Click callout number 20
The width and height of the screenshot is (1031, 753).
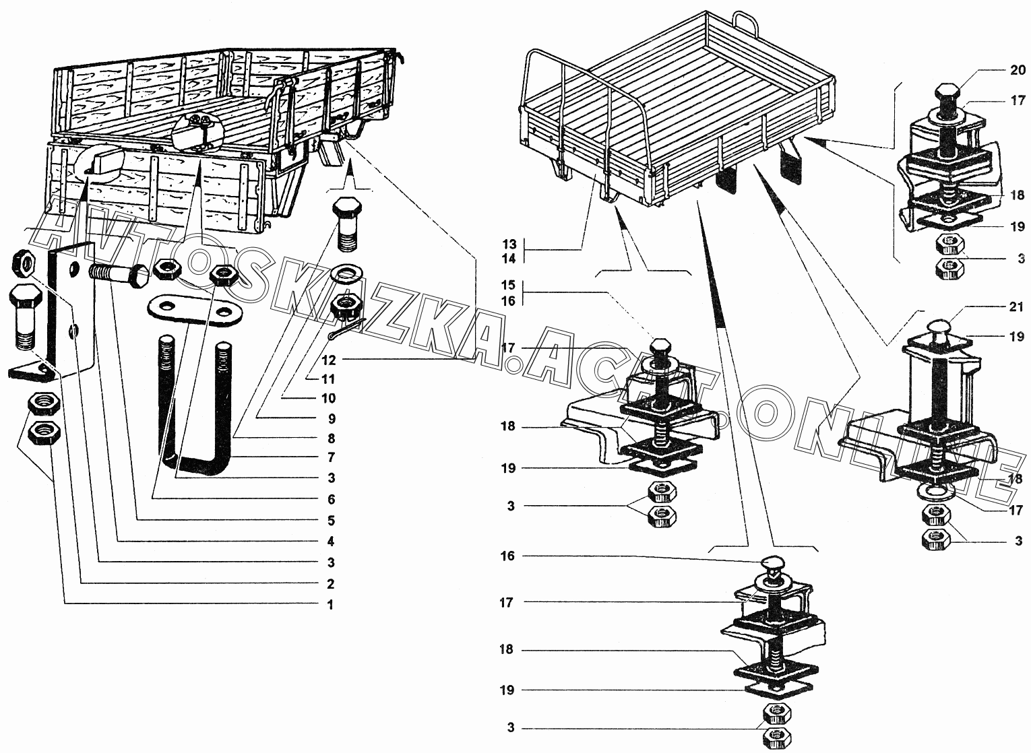coord(1018,69)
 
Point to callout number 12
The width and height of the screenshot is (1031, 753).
coord(329,360)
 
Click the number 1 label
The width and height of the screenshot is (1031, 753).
coord(330,605)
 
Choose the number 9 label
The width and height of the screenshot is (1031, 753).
coord(330,418)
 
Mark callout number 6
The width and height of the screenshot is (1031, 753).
coord(330,500)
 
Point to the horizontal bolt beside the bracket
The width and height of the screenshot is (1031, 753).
coord(119,274)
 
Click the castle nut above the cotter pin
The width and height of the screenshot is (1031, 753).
coord(346,306)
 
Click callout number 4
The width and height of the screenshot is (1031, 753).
coord(330,542)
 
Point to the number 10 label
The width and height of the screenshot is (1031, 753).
coord(329,398)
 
